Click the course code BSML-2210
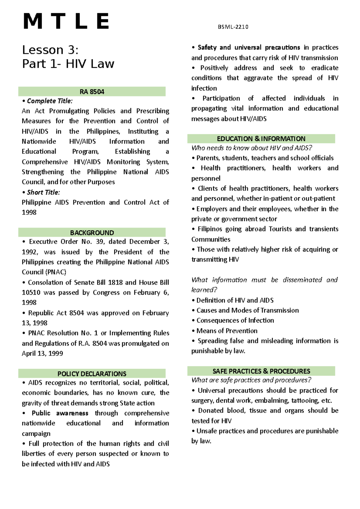tap(233, 27)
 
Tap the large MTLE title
tap(66, 22)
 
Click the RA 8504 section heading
tap(92, 92)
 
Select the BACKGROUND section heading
tap(92, 233)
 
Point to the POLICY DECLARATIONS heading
tap(92, 374)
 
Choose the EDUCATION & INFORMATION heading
tap(261, 138)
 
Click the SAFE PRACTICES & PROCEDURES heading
tap(261, 371)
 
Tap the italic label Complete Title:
tap(49, 101)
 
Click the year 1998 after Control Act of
tap(29, 212)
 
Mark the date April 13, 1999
tap(42, 353)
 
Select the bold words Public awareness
tap(60, 413)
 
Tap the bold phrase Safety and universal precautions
tap(249, 47)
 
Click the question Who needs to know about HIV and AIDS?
tap(252, 148)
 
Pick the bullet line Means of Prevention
tap(227, 331)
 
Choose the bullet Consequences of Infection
tap(235, 320)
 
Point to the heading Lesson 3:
tap(50, 50)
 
